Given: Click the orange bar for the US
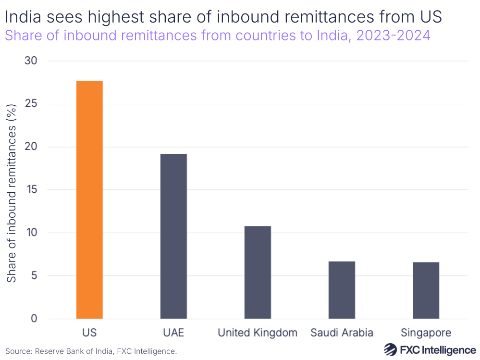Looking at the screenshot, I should coord(89,199).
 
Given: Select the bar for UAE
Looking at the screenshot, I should coord(173,236).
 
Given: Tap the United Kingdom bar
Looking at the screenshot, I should coord(258,272).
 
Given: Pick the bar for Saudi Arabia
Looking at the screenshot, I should coord(342,290).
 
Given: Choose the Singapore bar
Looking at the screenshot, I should coord(426,290).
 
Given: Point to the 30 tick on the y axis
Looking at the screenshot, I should coord(33,61).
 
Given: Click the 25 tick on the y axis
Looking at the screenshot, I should coord(33,104).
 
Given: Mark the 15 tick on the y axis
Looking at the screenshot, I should coord(33,190).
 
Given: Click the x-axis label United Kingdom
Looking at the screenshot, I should coord(258,333).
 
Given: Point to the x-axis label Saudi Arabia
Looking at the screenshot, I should coord(342,333).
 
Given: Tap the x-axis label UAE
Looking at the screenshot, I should coord(173,333).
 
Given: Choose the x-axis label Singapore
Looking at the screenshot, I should coord(426,333).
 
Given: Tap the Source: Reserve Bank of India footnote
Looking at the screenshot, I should coord(91,351).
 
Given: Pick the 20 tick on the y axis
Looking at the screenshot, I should coord(33,147).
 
